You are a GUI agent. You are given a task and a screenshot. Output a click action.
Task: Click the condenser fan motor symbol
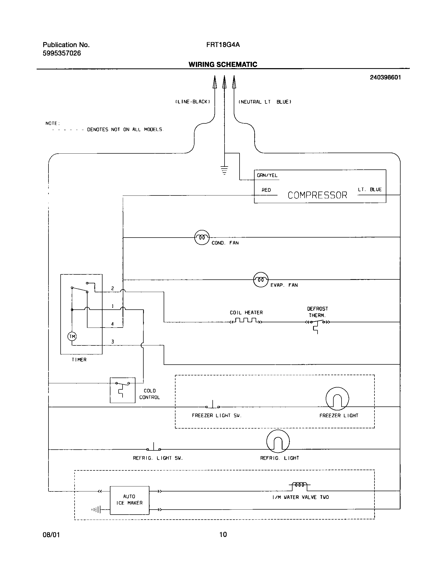pos(202,237)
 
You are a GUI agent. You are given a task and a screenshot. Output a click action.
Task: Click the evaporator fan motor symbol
pos(261,279)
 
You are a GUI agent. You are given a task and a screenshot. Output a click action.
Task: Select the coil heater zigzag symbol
pos(246,321)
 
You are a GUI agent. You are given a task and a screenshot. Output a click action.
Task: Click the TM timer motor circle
pos(72,336)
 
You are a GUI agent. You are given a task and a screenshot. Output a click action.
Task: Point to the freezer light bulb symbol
pos(337,399)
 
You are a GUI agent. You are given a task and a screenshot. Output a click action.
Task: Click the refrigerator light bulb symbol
pos(278,441)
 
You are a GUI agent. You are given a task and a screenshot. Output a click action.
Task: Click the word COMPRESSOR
pos(317,195)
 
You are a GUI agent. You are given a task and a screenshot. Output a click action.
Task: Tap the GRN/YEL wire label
pos(267,175)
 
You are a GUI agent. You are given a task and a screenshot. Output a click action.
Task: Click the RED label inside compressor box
pos(266,190)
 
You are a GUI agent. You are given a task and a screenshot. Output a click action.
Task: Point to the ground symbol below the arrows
pos(224,170)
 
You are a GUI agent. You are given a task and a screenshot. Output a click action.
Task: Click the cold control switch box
pos(123,390)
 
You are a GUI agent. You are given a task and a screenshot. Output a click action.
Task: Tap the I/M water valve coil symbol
pos(300,485)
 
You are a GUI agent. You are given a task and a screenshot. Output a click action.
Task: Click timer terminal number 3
pos(113,342)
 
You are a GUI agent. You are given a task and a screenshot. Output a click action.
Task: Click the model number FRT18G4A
pos(223,45)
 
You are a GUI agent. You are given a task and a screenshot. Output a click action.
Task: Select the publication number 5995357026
pos(62,53)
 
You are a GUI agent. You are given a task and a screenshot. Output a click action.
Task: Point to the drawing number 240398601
pos(385,77)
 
